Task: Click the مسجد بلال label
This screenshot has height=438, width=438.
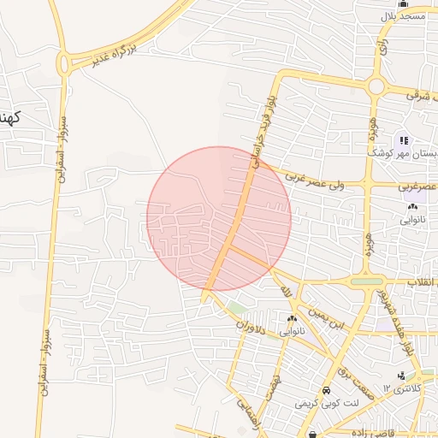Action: tap(402, 17)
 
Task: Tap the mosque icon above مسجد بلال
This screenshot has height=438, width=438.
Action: tap(403, 4)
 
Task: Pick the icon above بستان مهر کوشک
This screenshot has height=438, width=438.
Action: tap(403, 139)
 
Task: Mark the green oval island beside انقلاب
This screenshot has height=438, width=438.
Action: tap(367, 281)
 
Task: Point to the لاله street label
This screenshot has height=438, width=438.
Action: tap(287, 293)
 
